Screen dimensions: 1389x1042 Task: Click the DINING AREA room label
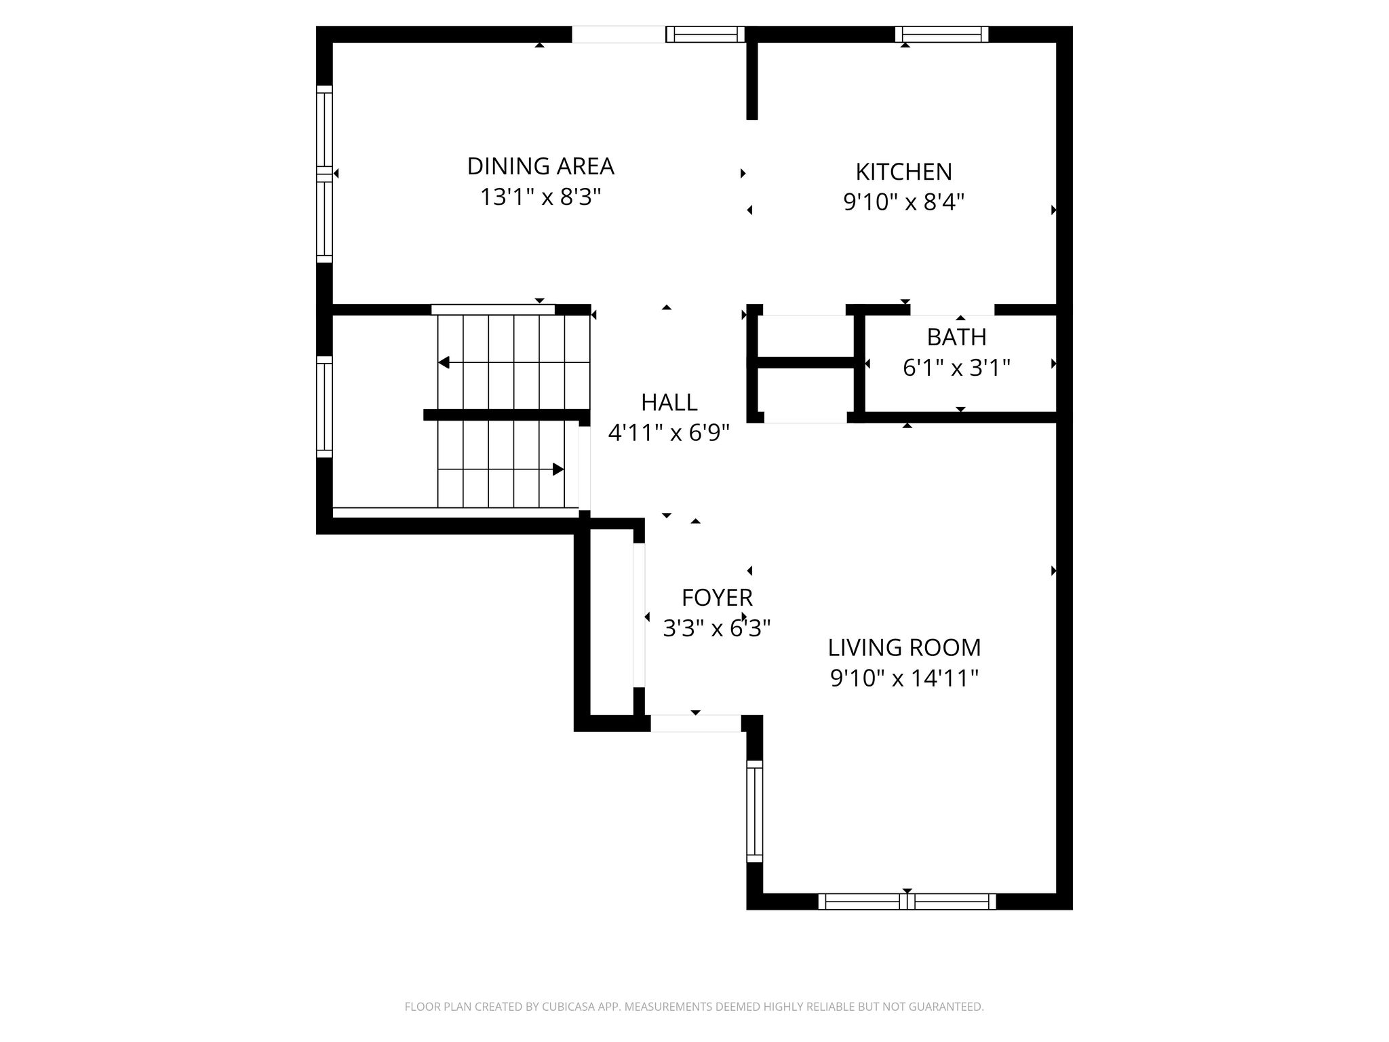541,166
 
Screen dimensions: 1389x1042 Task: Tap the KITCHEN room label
904,172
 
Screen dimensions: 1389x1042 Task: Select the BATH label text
957,336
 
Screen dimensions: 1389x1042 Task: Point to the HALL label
669,402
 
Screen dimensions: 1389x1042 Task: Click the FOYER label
717,598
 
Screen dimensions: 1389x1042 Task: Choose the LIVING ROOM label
904,648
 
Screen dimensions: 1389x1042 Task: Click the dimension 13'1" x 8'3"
541,197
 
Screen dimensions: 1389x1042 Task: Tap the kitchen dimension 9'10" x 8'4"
904,202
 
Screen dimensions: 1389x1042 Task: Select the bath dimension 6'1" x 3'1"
957,368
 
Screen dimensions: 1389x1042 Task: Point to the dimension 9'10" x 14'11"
904,678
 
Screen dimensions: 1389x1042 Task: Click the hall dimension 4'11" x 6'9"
669,433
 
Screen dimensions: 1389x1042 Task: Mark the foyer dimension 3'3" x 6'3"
717,629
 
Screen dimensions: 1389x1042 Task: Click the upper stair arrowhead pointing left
444,363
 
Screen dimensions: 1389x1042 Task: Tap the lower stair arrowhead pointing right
558,469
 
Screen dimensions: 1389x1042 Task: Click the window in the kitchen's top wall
941,34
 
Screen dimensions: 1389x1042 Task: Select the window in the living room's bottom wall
907,902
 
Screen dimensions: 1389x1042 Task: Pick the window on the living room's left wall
755,811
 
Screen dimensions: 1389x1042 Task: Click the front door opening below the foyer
696,723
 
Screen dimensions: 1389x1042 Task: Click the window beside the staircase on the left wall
325,407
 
